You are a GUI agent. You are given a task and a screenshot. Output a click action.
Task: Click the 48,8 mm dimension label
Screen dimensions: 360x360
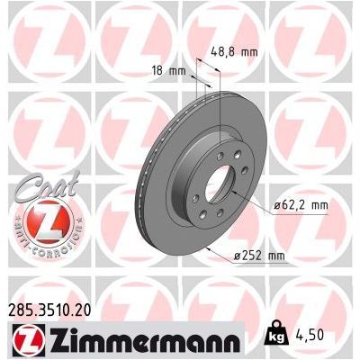point(233,51)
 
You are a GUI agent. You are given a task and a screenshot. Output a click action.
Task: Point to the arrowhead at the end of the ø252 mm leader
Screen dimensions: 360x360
point(206,245)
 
